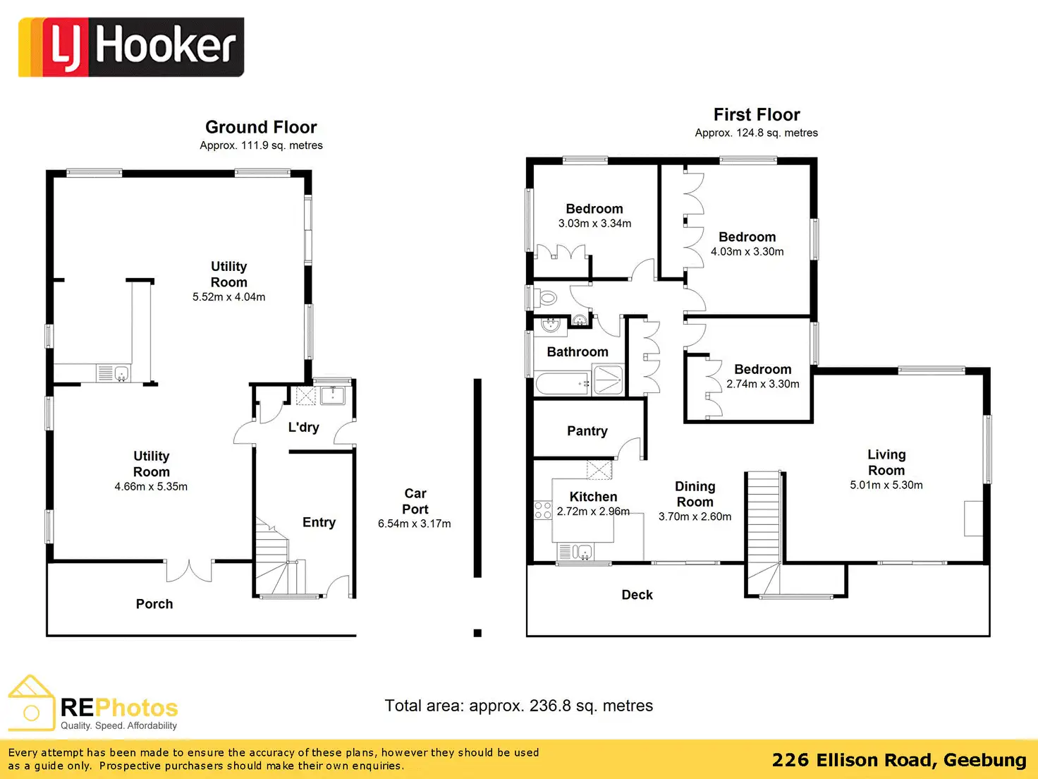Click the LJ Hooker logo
tap(131, 47)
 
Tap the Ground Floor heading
tap(261, 127)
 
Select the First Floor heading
tap(757, 114)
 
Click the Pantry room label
tap(587, 431)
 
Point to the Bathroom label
tap(578, 351)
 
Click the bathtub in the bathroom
tap(563, 384)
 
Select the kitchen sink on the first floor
tap(582, 551)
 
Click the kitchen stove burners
tap(543, 510)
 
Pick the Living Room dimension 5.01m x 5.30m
tap(886, 485)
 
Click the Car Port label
tap(415, 501)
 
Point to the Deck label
tap(637, 595)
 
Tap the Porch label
tap(154, 604)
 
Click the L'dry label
tap(303, 428)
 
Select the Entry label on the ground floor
tap(319, 522)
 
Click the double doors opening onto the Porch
tap(189, 569)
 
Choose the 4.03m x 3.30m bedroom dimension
tap(747, 252)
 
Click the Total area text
tap(518, 706)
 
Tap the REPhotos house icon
tap(31, 703)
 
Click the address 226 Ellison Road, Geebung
tap(898, 760)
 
